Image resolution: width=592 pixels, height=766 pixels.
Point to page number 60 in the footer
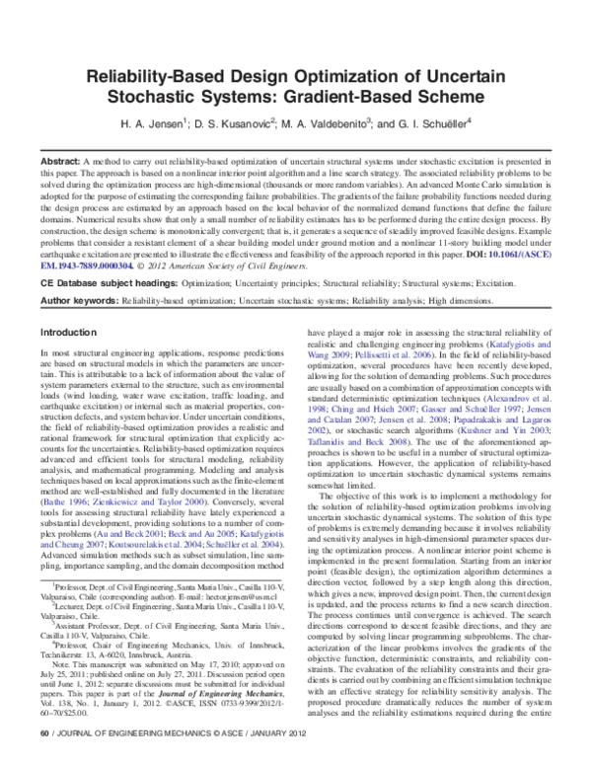click(x=43, y=760)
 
